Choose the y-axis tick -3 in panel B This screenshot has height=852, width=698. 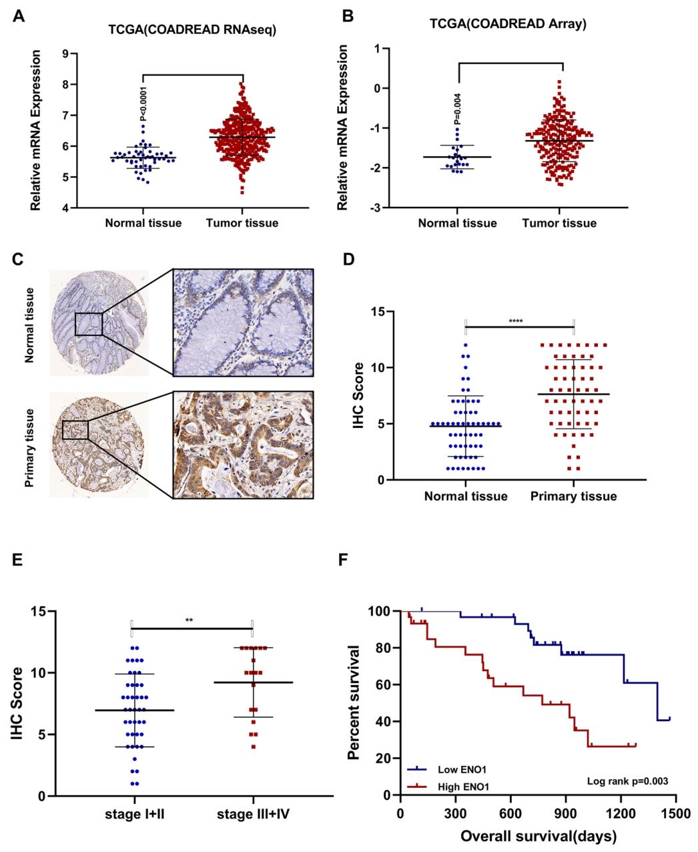pos(377,208)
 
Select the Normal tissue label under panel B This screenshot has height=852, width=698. pos(457,223)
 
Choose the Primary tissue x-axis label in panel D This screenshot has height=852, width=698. pos(573,496)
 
